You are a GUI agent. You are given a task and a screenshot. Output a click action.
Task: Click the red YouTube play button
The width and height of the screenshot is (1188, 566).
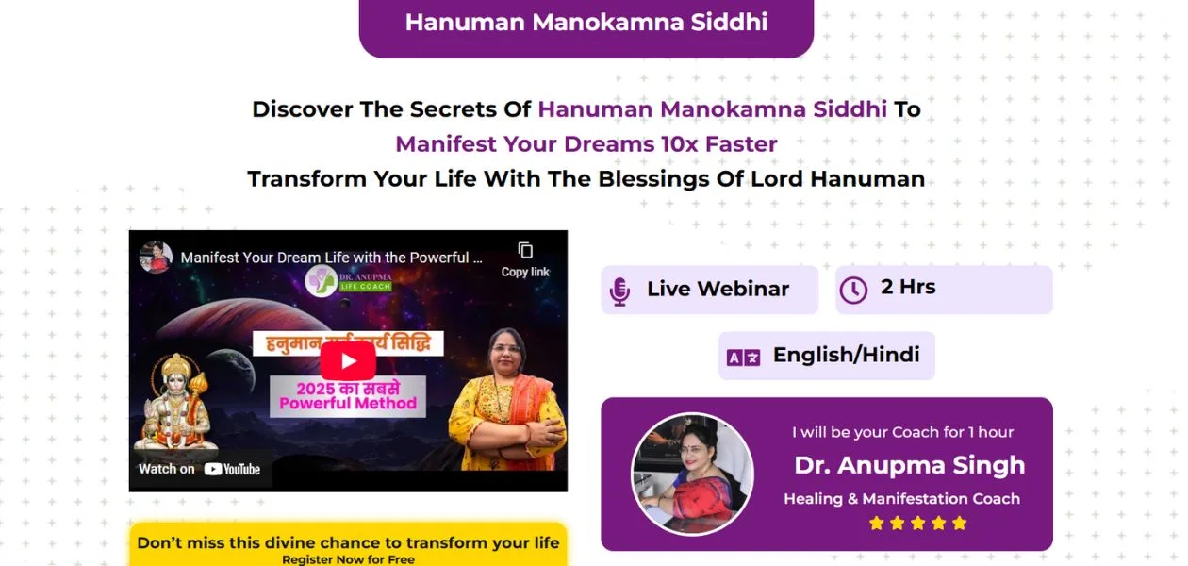(348, 361)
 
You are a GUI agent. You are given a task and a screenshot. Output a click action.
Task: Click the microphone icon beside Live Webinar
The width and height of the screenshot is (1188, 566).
(619, 291)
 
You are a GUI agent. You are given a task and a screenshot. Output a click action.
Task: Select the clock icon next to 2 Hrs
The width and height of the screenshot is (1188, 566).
(853, 290)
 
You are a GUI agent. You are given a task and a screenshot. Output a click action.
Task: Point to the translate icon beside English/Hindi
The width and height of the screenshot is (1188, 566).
(743, 357)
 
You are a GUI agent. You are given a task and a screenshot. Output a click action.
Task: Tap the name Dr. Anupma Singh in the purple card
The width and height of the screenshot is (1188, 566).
(909, 465)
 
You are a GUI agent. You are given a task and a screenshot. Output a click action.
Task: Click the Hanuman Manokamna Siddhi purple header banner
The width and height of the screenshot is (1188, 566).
(586, 24)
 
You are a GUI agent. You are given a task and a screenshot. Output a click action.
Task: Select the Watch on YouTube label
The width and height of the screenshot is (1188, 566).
(200, 469)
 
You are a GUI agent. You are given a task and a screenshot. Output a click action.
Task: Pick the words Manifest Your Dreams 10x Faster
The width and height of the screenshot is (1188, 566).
(586, 144)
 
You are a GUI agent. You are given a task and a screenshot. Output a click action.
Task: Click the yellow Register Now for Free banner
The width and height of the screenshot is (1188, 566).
(348, 547)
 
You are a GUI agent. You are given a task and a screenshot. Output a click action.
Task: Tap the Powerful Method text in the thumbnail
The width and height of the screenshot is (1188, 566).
(348, 404)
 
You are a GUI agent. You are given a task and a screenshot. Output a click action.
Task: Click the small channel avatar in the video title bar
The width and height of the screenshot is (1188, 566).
(156, 257)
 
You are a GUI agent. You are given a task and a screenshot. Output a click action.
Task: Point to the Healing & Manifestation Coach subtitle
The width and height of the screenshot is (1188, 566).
(901, 499)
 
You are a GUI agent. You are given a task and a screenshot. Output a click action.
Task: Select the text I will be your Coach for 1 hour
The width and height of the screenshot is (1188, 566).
(902, 432)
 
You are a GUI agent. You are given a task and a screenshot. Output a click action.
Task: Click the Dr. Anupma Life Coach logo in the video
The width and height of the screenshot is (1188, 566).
(349, 280)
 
